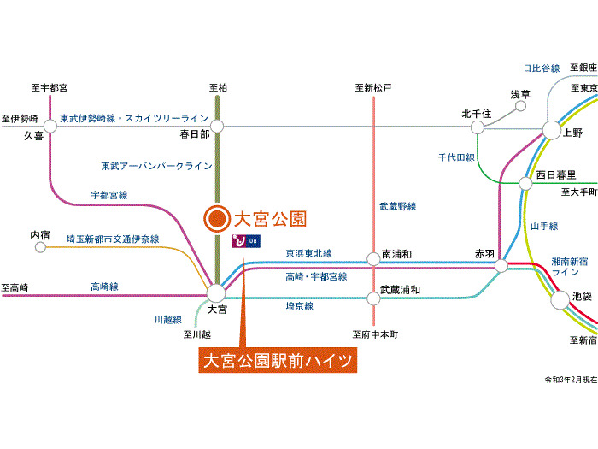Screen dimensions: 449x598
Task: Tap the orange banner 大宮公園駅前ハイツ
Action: (x=278, y=360)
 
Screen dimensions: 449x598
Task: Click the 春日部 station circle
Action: (x=217, y=126)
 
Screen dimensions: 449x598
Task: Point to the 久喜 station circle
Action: (x=50, y=126)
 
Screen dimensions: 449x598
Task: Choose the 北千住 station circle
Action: (x=477, y=126)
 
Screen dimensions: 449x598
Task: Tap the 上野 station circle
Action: (x=550, y=132)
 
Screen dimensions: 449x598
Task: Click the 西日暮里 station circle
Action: (x=526, y=183)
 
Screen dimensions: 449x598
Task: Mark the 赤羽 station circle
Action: (x=501, y=265)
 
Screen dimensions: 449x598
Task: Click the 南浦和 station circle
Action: (x=373, y=257)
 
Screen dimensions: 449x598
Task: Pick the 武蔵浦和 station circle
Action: (x=373, y=298)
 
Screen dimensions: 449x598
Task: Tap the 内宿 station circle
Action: (x=39, y=247)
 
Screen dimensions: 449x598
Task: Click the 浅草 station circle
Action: (x=521, y=109)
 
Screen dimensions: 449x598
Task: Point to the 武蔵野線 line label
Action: (x=397, y=207)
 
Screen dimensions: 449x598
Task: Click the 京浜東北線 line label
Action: (x=308, y=253)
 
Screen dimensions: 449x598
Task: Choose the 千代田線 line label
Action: (x=456, y=157)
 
